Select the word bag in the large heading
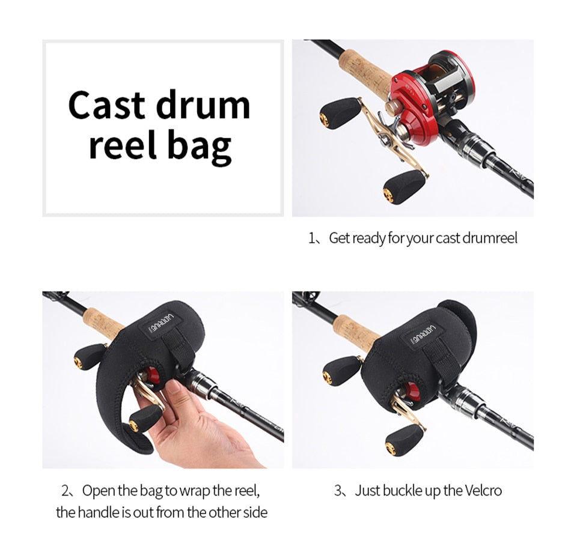coord(200,147)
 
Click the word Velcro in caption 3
coord(483,491)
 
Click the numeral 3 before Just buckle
coord(338,491)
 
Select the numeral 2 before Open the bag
coord(66,491)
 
